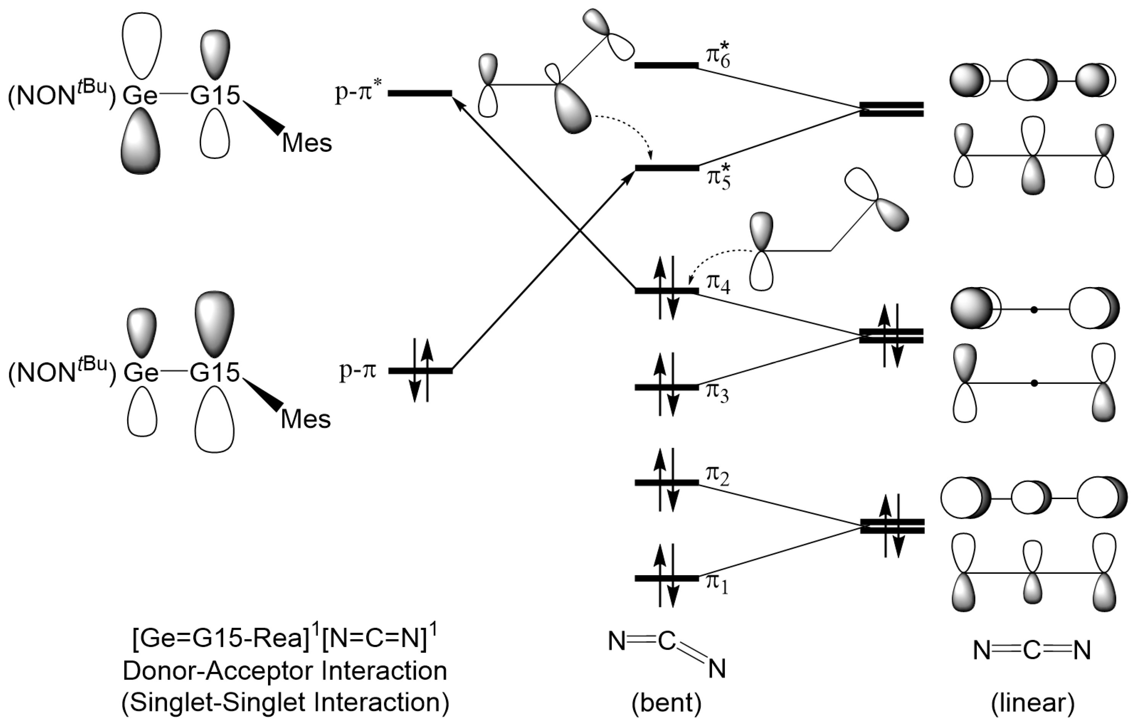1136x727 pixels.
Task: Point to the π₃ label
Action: pyautogui.click(x=717, y=393)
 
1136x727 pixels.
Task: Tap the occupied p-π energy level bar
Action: pyautogui.click(x=420, y=371)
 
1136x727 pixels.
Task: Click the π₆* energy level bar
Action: pyautogui.click(x=666, y=65)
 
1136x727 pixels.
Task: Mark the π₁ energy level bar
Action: pyautogui.click(x=666, y=578)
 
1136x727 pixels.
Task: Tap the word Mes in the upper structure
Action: pyautogui.click(x=307, y=143)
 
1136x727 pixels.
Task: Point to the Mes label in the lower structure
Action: pyautogui.click(x=306, y=420)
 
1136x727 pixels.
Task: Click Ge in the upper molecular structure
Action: pyautogui.click(x=140, y=96)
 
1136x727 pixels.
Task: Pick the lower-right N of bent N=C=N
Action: pyautogui.click(x=717, y=669)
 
